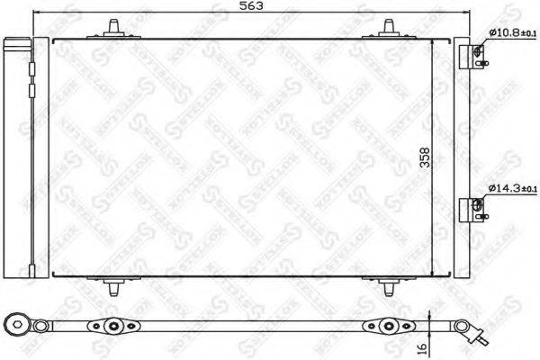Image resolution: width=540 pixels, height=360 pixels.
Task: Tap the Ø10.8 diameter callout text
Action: [512, 33]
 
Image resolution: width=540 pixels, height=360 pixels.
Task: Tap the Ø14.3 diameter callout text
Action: [512, 188]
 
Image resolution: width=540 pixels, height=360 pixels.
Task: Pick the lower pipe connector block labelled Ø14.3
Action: [475, 211]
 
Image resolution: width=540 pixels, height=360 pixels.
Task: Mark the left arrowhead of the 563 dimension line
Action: [35, 14]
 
